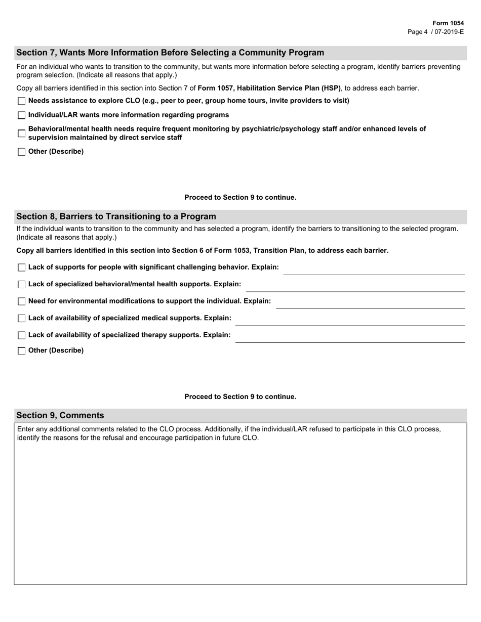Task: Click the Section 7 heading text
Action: (x=170, y=53)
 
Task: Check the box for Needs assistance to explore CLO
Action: (x=21, y=101)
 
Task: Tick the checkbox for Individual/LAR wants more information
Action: (x=21, y=115)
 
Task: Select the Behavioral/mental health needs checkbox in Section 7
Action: (x=21, y=134)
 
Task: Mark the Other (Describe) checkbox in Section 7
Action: (x=21, y=152)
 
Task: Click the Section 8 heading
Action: (x=116, y=216)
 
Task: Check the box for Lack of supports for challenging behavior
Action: (x=21, y=268)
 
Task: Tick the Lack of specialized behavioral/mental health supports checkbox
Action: (x=21, y=285)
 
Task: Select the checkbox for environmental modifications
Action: (x=21, y=301)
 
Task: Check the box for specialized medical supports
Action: (x=21, y=319)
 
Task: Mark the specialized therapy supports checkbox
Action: (x=21, y=335)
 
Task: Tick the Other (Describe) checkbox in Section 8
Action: (x=21, y=351)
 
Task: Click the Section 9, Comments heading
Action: (x=60, y=415)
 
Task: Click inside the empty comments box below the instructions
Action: (x=240, y=511)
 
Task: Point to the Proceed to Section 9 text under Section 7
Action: (x=240, y=197)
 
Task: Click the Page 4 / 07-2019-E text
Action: (x=435, y=31)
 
